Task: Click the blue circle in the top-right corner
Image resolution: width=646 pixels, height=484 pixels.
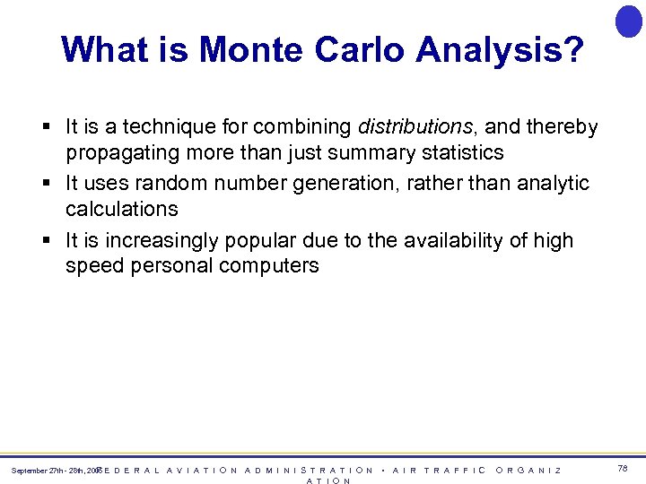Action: (629, 21)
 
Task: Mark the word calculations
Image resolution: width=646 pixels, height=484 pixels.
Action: (122, 209)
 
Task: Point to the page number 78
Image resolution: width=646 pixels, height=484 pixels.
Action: (623, 469)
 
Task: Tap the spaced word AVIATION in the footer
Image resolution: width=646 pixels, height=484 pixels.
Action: (202, 470)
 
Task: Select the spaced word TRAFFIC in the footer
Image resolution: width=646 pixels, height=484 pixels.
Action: (455, 470)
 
